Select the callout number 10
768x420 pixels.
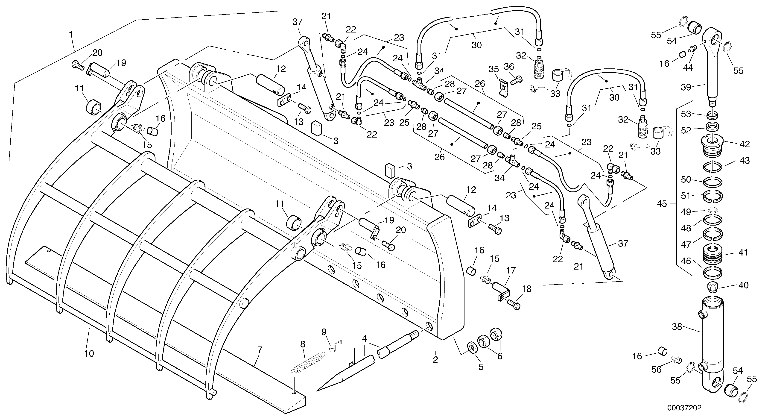[89, 354]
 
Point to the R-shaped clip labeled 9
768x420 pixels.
[335, 346]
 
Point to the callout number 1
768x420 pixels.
[71, 35]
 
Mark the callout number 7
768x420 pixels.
[260, 350]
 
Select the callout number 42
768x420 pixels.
[745, 144]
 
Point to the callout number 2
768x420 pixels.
[435, 360]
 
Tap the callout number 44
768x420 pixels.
[688, 68]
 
